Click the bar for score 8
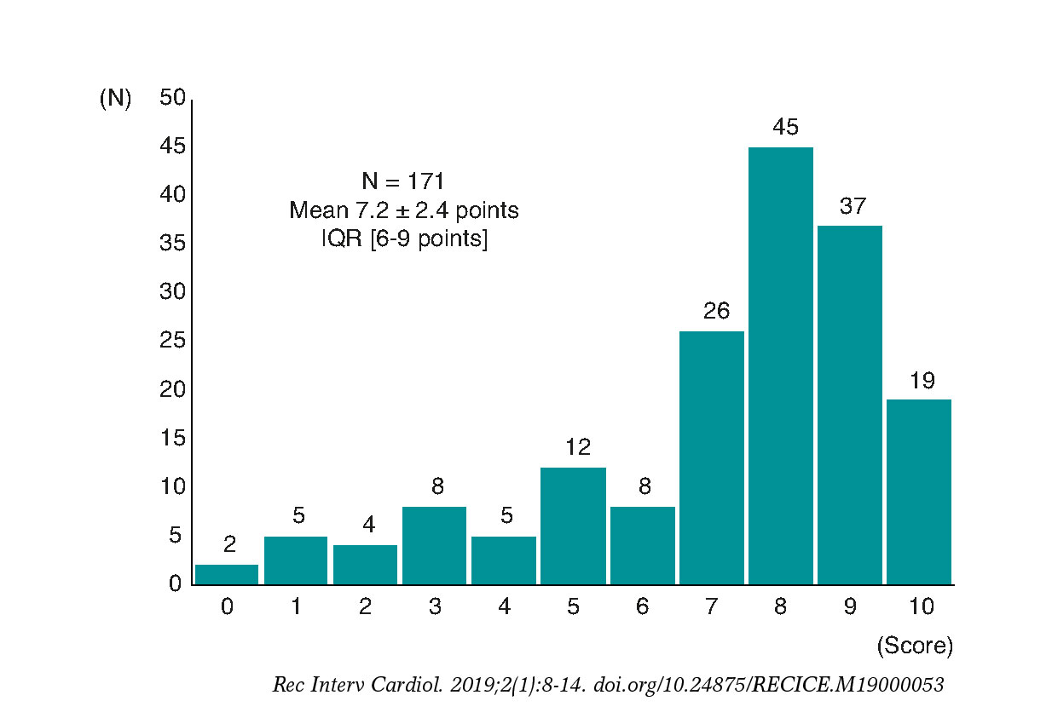coord(780,366)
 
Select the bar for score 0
coord(227,575)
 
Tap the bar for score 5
coord(573,526)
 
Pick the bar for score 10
coord(918,491)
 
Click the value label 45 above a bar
coord(785,128)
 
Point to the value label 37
coord(853,206)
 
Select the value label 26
coord(716,312)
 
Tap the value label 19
coord(922,381)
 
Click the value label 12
coord(577,448)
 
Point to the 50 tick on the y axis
coord(172,99)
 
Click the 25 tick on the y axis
coord(172,342)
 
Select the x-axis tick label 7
coord(711,607)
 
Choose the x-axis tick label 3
coord(435,607)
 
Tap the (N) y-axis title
coord(116,99)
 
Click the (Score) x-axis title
coord(915,646)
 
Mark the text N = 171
coord(403,181)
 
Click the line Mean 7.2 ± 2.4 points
coord(403,210)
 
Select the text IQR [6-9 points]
coord(403,239)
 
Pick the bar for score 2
coord(365,564)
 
